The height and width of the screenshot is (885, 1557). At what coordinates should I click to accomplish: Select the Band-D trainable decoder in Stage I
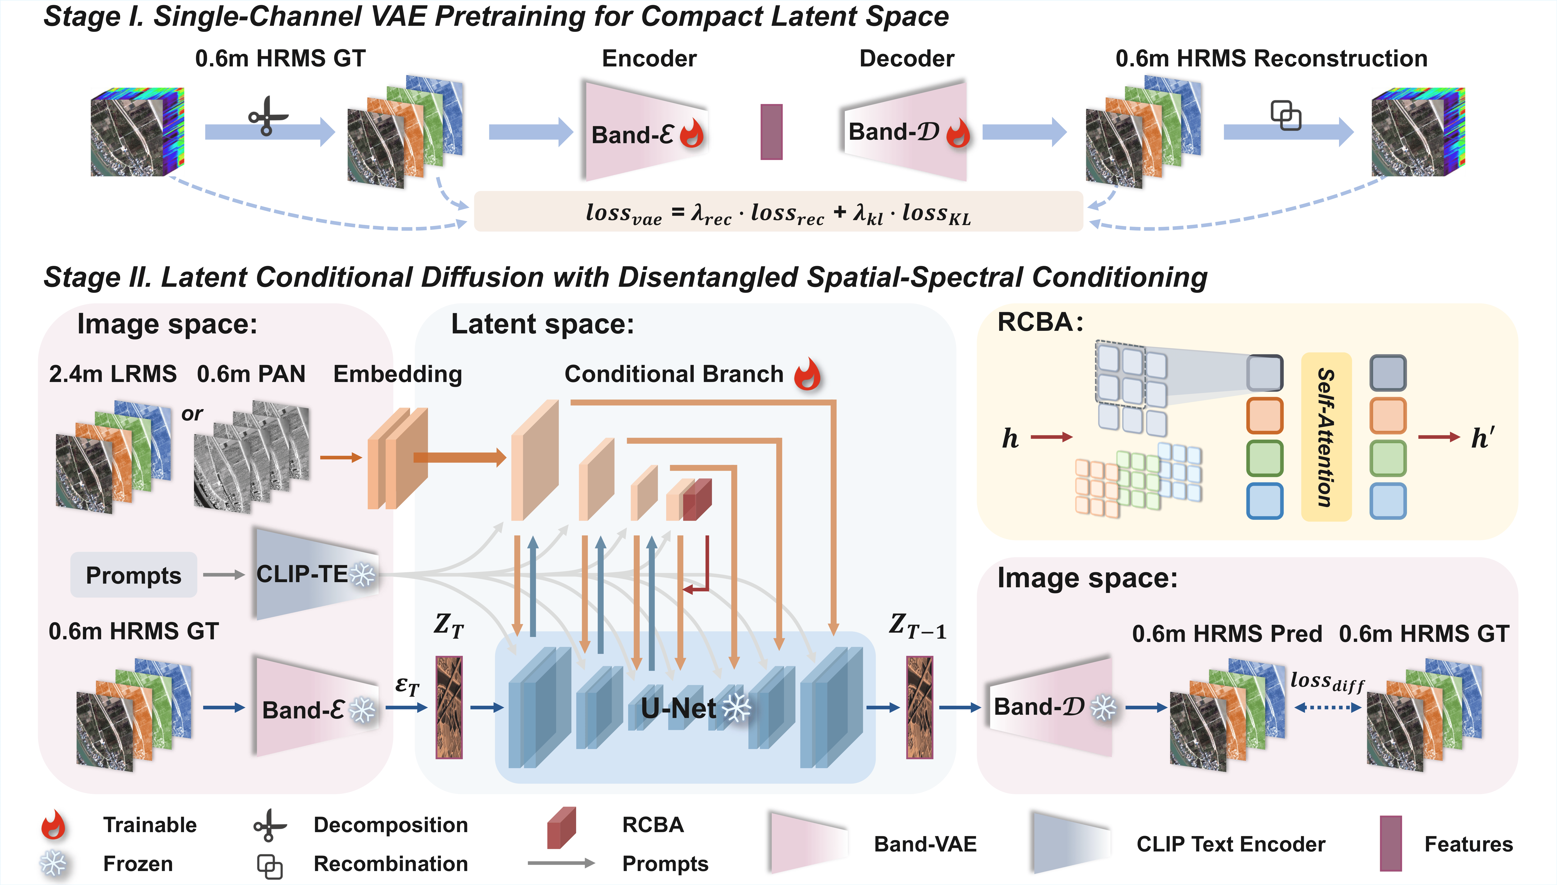pos(905,131)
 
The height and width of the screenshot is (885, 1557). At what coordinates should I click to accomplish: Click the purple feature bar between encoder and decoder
pos(771,132)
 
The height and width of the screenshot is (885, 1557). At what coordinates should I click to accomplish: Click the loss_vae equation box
pos(778,212)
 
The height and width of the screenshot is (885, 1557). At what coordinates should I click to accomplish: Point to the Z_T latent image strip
pos(449,707)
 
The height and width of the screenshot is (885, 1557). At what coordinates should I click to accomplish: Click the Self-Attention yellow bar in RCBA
pos(1326,436)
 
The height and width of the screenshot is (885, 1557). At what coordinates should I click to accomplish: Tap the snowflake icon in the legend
pos(54,863)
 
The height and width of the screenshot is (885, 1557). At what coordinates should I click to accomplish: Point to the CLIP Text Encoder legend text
pos(1231,844)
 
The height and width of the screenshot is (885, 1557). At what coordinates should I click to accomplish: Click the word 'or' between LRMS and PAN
pos(192,414)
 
